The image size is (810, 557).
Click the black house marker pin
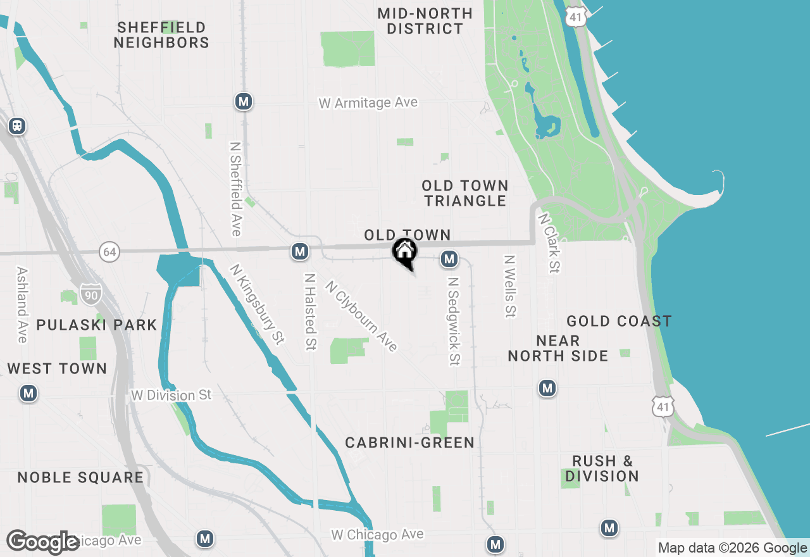tap(404, 253)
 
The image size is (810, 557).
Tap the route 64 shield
tap(109, 252)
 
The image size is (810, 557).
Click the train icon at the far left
tap(17, 126)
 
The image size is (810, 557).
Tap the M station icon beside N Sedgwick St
tap(449, 259)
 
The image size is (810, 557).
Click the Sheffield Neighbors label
tap(161, 35)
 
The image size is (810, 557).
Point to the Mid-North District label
tap(425, 21)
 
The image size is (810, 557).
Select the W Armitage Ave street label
tap(368, 103)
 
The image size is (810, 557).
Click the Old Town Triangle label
tap(465, 193)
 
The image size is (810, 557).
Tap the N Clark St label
tap(549, 242)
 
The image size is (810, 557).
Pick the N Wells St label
tap(509, 286)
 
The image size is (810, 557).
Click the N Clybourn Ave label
tap(361, 316)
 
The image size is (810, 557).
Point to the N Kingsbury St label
tap(255, 304)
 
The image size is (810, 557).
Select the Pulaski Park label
tap(97, 325)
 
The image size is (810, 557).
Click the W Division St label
tap(171, 395)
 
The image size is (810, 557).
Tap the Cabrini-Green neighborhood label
tap(409, 443)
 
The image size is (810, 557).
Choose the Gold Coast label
tap(619, 322)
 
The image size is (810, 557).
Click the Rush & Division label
tap(602, 468)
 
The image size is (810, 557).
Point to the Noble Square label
tap(80, 477)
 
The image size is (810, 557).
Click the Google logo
tap(43, 542)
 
